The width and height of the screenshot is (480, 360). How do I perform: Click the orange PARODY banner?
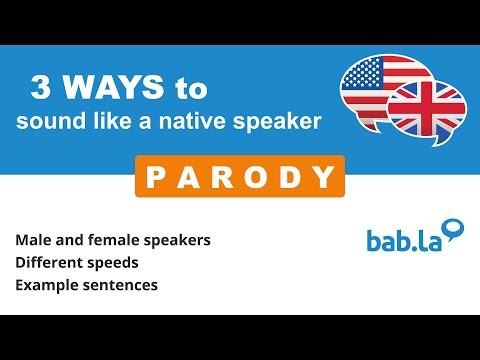(239, 177)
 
